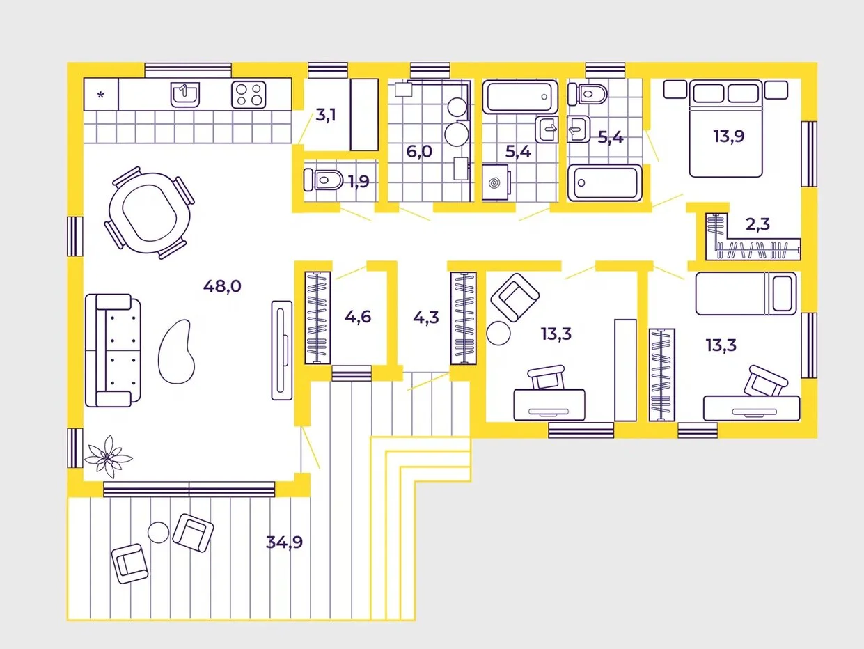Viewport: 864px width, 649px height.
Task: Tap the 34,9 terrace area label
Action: (284, 542)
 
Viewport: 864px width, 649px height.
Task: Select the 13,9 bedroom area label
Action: (728, 136)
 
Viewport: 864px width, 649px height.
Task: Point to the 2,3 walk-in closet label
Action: (758, 224)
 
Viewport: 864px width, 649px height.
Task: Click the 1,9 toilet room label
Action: (359, 182)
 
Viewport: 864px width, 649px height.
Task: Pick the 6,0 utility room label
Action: (420, 152)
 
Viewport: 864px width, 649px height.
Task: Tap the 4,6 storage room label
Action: (358, 317)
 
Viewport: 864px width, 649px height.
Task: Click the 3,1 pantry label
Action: (325, 115)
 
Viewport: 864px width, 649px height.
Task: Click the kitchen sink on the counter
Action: (185, 93)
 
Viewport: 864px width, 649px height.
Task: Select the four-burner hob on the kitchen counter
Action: (249, 94)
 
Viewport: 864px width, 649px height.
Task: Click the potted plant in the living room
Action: (108, 456)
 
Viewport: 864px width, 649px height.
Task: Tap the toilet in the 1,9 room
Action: (322, 180)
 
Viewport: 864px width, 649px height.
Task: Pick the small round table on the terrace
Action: (159, 533)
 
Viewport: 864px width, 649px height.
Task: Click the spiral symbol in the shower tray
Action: (494, 183)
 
